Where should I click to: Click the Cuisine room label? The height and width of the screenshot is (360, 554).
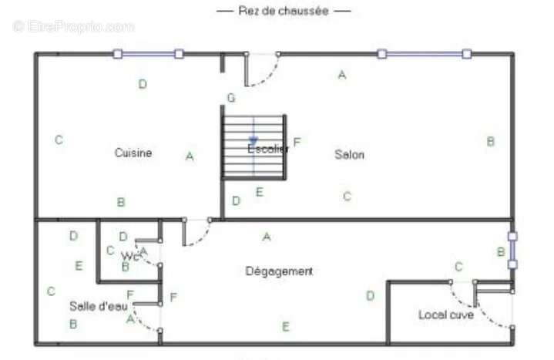pyautogui.click(x=133, y=153)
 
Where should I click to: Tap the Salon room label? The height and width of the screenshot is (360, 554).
pyautogui.click(x=349, y=154)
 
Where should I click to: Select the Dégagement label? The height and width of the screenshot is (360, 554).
pyautogui.click(x=279, y=271)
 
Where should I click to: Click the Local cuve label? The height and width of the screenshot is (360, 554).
pyautogui.click(x=446, y=315)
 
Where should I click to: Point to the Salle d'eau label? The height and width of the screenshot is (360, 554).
pyautogui.click(x=99, y=306)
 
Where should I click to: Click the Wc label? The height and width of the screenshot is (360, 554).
pyautogui.click(x=130, y=256)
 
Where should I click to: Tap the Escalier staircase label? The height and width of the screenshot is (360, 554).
pyautogui.click(x=267, y=149)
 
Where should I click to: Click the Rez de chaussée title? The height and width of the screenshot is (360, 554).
pyautogui.click(x=284, y=11)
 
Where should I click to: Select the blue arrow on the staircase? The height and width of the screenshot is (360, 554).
pyautogui.click(x=253, y=140)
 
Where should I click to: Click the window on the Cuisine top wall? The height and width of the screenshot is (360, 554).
pyautogui.click(x=148, y=54)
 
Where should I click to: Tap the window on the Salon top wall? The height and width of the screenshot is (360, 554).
pyautogui.click(x=423, y=54)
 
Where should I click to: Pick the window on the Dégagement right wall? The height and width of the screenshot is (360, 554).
pyautogui.click(x=512, y=251)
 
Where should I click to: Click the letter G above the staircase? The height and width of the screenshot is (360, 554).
pyautogui.click(x=230, y=98)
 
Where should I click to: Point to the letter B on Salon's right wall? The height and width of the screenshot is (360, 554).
pyautogui.click(x=490, y=141)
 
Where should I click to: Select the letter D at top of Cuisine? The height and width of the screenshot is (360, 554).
pyautogui.click(x=143, y=84)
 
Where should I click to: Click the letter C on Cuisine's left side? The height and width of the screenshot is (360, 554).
pyautogui.click(x=59, y=140)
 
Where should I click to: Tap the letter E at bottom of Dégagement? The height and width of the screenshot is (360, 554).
pyautogui.click(x=285, y=327)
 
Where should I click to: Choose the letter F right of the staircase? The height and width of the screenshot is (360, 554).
pyautogui.click(x=297, y=142)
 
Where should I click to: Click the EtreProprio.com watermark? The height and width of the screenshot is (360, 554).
pyautogui.click(x=74, y=26)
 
